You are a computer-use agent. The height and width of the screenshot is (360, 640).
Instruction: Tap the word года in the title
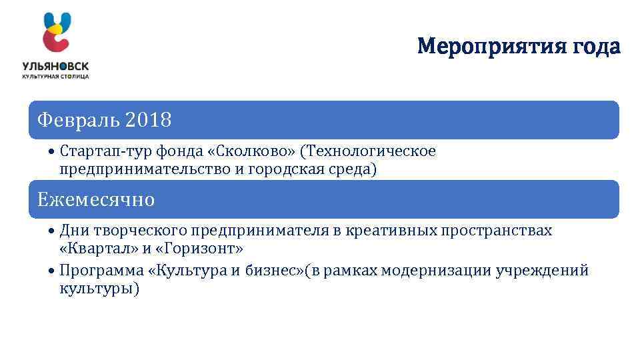pyautogui.click(x=595, y=47)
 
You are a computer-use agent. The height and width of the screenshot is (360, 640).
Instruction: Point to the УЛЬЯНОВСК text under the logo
pyautogui.click(x=55, y=67)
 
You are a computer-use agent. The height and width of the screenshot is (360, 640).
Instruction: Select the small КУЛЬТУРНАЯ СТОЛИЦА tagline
pyautogui.click(x=55, y=77)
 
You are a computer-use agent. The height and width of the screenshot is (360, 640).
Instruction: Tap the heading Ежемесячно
pyautogui.click(x=96, y=199)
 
